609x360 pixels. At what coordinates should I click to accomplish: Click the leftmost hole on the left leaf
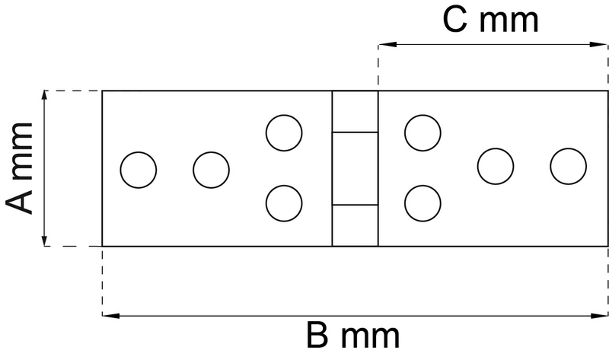click(139, 169)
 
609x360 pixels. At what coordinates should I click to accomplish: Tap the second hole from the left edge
click(211, 169)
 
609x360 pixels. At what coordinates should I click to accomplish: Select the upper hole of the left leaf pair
click(284, 132)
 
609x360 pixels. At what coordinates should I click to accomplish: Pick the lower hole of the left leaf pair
click(284, 202)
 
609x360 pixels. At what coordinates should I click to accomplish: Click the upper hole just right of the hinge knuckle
click(422, 132)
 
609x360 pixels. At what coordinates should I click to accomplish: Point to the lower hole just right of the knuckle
click(422, 202)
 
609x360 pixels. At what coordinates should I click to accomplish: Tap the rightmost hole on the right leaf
click(568, 166)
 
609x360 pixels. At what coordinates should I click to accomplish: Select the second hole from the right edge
click(496, 166)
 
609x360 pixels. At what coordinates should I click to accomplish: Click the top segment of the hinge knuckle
click(355, 111)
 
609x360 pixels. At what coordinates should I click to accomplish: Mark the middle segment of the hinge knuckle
click(355, 168)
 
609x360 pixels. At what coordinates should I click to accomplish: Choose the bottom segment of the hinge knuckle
click(355, 225)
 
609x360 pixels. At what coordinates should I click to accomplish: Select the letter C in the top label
click(457, 21)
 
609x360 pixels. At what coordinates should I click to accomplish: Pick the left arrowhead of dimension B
click(108, 314)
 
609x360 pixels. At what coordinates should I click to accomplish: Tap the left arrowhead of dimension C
click(384, 44)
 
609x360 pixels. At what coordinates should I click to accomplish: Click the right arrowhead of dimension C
click(602, 44)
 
